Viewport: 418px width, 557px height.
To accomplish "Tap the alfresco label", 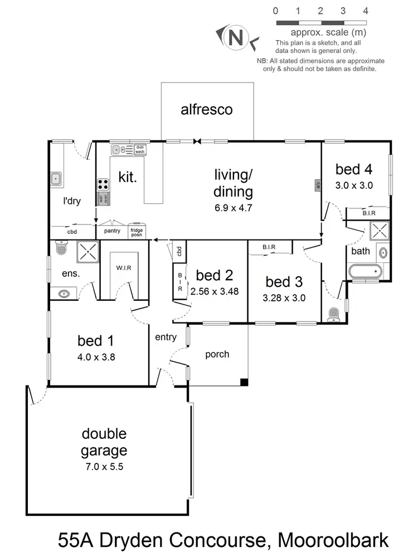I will [x=207, y=109].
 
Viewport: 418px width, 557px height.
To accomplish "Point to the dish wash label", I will [x=139, y=149].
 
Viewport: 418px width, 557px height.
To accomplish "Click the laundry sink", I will [x=56, y=179].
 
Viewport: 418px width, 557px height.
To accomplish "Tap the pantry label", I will [x=112, y=231].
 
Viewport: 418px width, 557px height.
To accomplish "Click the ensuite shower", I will [x=86, y=251].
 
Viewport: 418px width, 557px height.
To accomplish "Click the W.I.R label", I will [x=124, y=268].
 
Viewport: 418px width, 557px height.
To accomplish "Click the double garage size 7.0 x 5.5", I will [x=104, y=467].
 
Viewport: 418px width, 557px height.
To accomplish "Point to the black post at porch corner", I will [x=244, y=382].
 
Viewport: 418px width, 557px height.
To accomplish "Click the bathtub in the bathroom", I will [x=365, y=272].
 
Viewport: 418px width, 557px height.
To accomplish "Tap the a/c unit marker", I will [x=318, y=184].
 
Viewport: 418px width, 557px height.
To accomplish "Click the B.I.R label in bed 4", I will [x=368, y=213].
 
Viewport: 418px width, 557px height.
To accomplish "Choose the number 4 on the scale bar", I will [x=366, y=11].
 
